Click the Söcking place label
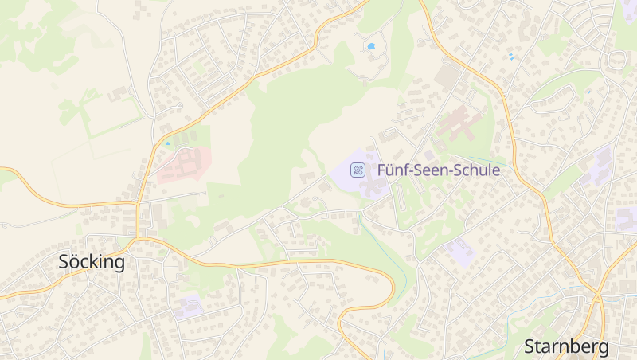tap(92, 262)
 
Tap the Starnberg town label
tap(566, 346)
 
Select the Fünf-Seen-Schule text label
tap(438, 170)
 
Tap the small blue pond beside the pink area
tap(167, 143)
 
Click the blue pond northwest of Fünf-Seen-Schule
tap(370, 46)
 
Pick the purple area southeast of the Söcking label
tap(189, 306)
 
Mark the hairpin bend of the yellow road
tap(390, 283)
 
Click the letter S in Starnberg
tap(530, 346)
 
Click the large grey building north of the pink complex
tap(449, 77)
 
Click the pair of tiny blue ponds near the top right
tap(510, 57)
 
